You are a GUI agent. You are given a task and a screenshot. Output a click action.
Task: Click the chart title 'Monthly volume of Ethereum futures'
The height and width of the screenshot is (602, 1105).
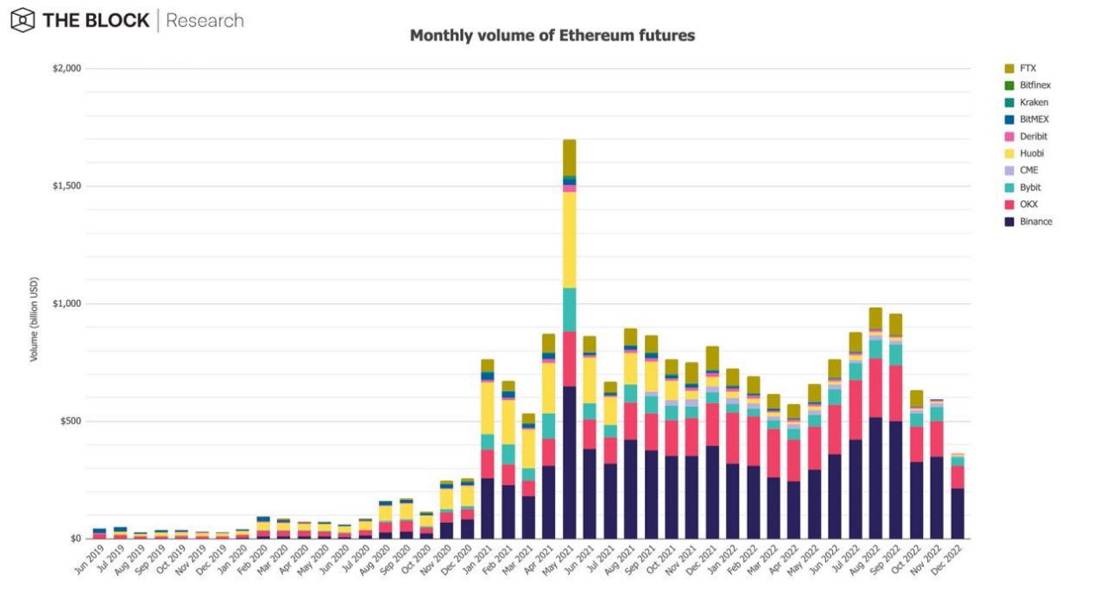coord(552,36)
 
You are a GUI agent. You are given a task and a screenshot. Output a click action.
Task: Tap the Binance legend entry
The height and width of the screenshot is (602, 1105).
coord(1034,221)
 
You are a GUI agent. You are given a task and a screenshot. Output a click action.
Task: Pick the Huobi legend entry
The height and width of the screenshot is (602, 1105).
coord(1031,153)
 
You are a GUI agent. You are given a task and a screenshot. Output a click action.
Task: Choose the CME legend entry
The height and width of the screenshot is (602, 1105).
coord(1028,170)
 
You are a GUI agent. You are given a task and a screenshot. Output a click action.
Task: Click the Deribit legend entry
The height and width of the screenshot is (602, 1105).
coord(1033,136)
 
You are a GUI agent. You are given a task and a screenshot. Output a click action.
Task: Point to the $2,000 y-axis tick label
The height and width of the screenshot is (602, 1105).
coord(67,68)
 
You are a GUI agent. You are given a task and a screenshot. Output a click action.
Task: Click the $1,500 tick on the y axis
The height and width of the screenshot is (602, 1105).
coord(67,186)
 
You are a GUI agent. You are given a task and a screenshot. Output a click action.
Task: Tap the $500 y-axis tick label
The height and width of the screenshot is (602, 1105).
coord(70,421)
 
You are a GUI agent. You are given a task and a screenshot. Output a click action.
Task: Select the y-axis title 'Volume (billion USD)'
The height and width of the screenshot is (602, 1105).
coord(34,319)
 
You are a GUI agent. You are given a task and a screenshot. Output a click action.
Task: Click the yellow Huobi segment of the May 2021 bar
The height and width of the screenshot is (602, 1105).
coord(569,240)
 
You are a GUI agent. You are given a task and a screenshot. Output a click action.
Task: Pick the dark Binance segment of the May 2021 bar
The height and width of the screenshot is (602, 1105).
coord(569,462)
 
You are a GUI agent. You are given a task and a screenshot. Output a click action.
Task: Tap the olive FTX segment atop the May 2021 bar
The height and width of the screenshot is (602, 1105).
coord(569,157)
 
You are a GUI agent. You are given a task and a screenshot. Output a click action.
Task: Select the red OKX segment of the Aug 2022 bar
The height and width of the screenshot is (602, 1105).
coord(875,388)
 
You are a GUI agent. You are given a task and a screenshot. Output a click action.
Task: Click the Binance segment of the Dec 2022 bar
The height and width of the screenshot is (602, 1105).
coord(957,513)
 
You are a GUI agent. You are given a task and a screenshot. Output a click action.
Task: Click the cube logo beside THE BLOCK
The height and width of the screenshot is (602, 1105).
coord(23,20)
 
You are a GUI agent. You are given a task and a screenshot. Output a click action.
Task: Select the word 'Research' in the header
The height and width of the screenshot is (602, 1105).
coord(205,20)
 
